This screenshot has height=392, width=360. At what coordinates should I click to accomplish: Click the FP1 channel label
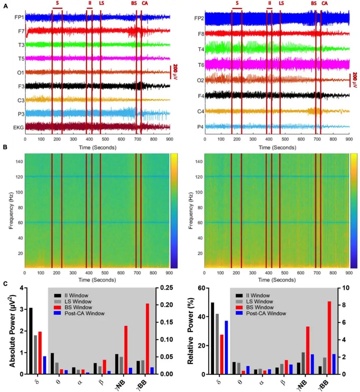(x=19, y=17)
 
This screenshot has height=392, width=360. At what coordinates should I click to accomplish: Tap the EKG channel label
(x=18, y=127)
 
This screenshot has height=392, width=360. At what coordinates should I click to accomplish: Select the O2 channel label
(x=200, y=80)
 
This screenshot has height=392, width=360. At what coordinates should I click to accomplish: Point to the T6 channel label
(x=201, y=65)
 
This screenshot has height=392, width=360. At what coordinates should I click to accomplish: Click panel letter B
(x=5, y=147)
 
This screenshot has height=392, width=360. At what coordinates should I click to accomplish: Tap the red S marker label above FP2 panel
(x=237, y=3)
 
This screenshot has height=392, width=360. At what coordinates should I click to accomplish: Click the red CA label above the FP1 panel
(x=145, y=3)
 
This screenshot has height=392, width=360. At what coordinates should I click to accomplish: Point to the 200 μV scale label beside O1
(x=175, y=72)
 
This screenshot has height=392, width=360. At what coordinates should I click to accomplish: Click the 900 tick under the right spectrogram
(x=349, y=273)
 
